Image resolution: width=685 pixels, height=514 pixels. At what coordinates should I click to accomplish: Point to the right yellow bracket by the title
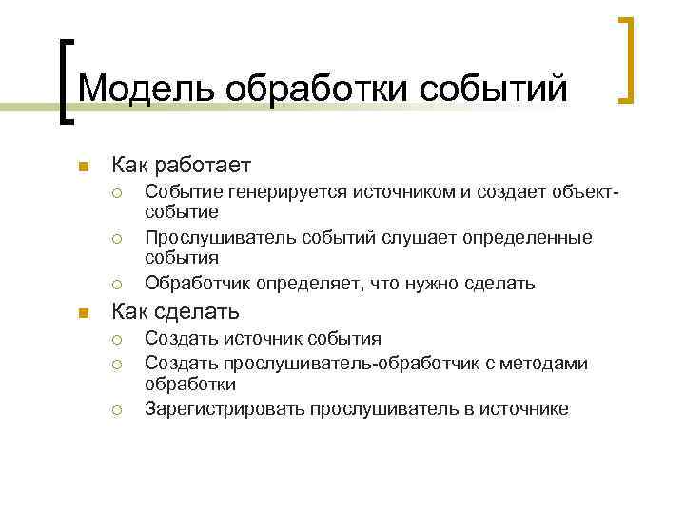point(628,59)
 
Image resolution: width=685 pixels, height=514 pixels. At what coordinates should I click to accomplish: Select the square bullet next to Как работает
point(83,168)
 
